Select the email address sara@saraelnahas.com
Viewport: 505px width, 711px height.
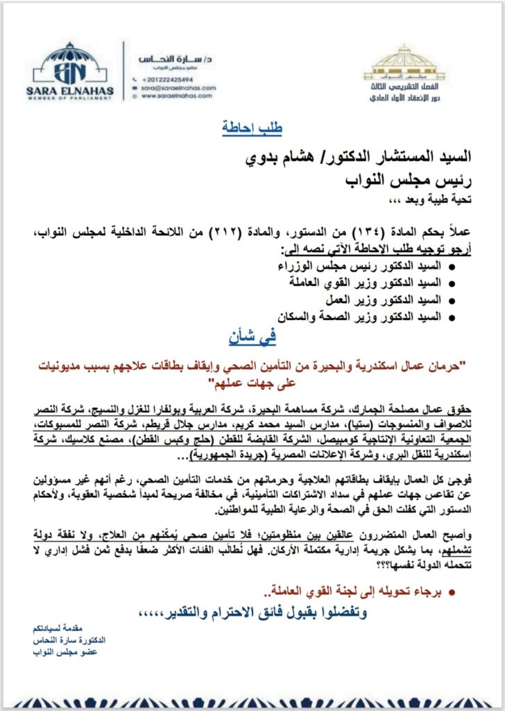[178, 88]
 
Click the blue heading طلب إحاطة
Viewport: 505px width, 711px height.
[252, 128]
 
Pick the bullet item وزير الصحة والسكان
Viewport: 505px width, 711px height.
[364, 317]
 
